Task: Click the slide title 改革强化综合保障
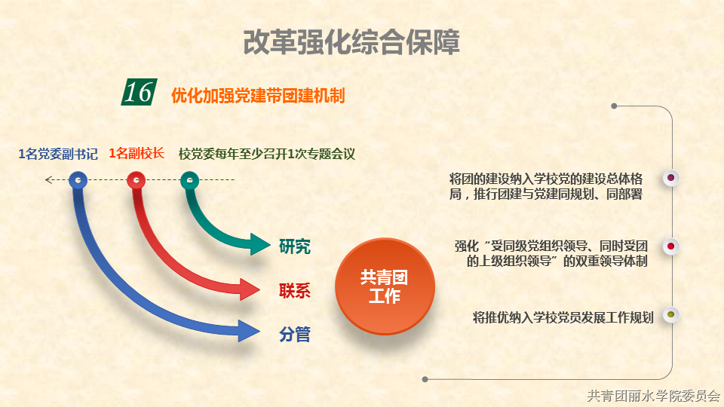[x=351, y=42]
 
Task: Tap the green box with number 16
[x=139, y=92]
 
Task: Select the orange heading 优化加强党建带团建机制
[x=258, y=96]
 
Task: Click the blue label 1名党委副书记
[x=58, y=154]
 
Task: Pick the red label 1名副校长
[x=137, y=153]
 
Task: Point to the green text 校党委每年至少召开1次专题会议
[x=267, y=154]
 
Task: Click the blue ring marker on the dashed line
[x=78, y=180]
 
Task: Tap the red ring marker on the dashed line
[x=137, y=180]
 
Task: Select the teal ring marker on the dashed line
[x=190, y=180]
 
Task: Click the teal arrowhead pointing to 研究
[x=259, y=244]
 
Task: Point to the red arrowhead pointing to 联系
[x=250, y=289]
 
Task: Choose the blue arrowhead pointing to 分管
[x=249, y=330]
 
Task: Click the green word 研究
[x=295, y=246]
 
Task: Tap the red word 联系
[x=295, y=291]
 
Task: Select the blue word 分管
[x=295, y=334]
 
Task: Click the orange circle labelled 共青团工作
[x=385, y=286]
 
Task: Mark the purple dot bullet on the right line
[x=671, y=178]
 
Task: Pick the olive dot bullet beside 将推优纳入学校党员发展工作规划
[x=671, y=315]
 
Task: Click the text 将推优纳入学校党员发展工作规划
[x=563, y=317]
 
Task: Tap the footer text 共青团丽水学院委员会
[x=654, y=396]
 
